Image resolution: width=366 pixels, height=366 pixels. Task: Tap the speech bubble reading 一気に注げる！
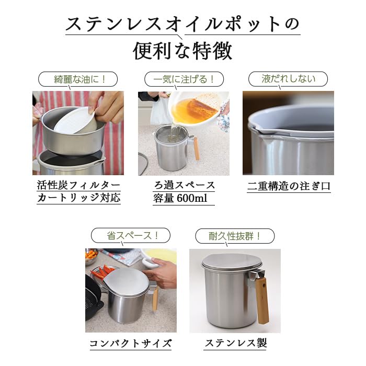(x=184, y=79)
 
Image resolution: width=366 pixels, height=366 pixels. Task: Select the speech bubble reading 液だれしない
(x=288, y=79)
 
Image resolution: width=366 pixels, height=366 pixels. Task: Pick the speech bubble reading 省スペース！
(x=130, y=236)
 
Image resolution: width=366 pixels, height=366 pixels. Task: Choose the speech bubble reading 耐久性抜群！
(x=235, y=236)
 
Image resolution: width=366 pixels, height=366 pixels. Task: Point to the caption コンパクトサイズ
(x=130, y=344)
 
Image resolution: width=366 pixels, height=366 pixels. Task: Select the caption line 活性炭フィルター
(x=78, y=185)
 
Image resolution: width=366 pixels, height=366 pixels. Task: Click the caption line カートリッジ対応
(x=78, y=198)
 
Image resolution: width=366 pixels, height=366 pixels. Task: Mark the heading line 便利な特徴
(x=182, y=52)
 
